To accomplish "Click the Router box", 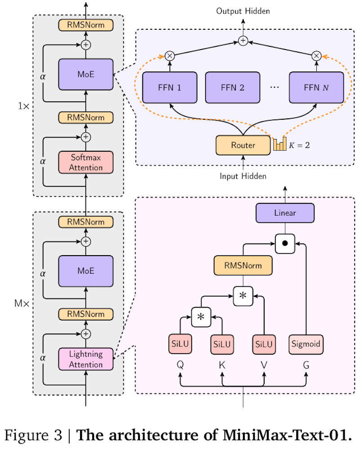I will pos(243,145).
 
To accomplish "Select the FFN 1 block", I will pos(170,87).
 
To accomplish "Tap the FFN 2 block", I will pos(233,87).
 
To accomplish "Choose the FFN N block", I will pos(316,87).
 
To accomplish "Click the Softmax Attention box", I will pos(86,162).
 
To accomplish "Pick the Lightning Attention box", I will pos(86,359).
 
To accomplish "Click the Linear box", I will pos(285,213).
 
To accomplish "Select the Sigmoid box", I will pos(306,344).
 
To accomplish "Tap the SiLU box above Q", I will pos(180,344).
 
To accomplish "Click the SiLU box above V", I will pos(264,344).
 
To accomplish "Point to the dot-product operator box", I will pos(285,243).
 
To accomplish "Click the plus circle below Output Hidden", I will pos(243,41).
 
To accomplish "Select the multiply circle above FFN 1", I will pos(170,56).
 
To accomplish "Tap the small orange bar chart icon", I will pos(279,144).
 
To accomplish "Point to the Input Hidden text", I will pos(243,176).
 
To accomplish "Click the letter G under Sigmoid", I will pos(306,366).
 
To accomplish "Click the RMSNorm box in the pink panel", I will pos(243,265).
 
